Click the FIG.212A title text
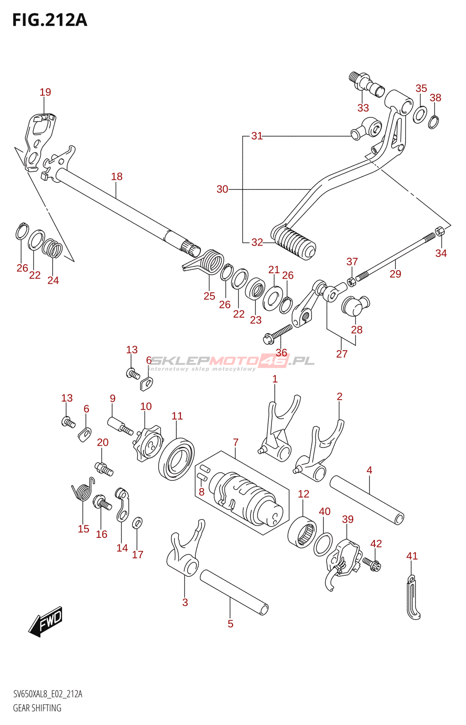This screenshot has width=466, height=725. tap(49, 20)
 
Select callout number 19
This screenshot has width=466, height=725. tap(45, 92)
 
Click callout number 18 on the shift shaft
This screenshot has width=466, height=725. tap(117, 177)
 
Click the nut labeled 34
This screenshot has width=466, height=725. tap(440, 232)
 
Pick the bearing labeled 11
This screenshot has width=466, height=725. tap(177, 459)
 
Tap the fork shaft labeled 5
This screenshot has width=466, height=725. tap(234, 592)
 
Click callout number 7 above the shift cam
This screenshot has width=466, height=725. tap(236, 442)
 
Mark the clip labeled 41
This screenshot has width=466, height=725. tap(413, 597)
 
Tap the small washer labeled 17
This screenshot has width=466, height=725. tap(137, 523)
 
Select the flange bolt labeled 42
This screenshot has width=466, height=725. tap(372, 564)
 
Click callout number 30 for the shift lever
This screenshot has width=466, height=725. tap(222, 189)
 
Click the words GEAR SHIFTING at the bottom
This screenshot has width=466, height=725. tap(37, 708)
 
